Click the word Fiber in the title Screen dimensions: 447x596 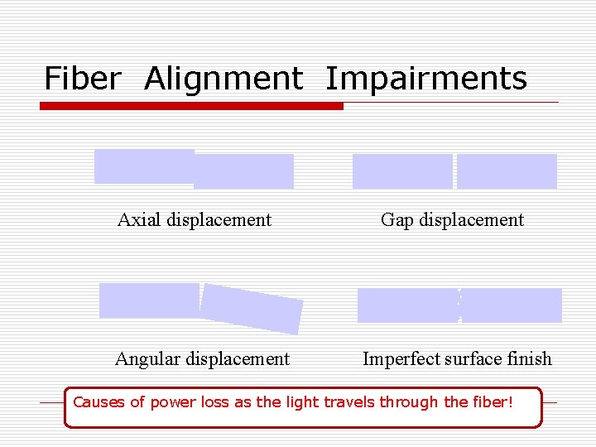pos(82,79)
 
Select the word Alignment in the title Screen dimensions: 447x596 pos(223,79)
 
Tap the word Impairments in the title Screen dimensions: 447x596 pos(426,79)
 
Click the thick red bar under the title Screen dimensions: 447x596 pos(191,106)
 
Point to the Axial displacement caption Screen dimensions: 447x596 pos(195,219)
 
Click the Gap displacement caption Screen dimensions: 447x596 pos(452,219)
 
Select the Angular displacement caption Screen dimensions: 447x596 pos(202,358)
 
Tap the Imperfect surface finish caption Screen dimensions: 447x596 pos(457,358)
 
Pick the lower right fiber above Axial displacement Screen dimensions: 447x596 pos(244,171)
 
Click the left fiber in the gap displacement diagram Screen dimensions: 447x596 pos(402,171)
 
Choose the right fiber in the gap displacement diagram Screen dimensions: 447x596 pos(507,171)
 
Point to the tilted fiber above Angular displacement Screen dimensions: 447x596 pos(252,308)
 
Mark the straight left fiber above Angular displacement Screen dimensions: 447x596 pos(149,300)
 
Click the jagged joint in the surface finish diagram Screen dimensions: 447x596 pos(459,305)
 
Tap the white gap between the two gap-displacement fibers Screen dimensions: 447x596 pos(454,171)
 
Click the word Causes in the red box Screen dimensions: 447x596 pos(99,403)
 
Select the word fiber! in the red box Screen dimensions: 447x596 pos(495,403)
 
